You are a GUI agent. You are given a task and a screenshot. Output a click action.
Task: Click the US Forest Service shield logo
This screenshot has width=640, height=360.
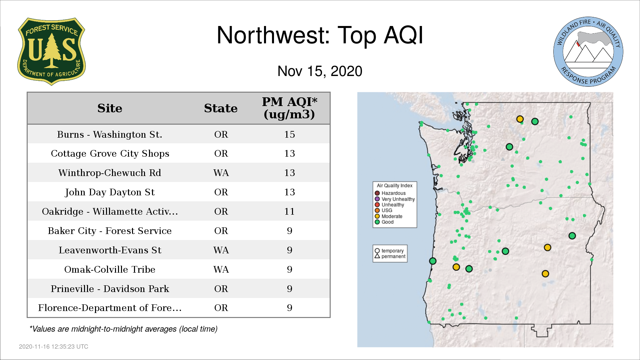coord(51,51)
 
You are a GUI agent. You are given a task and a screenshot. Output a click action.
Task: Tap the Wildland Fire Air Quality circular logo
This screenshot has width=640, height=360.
coord(588,52)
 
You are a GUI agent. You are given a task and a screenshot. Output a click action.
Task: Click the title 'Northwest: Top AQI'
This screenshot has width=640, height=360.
coord(320,35)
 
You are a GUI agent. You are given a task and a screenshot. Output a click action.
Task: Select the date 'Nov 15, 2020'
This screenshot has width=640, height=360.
coord(320,71)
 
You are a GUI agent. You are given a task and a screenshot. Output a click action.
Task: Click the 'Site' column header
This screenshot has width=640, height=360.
coord(110,108)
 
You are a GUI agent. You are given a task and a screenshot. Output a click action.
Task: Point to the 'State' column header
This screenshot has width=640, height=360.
coord(221,108)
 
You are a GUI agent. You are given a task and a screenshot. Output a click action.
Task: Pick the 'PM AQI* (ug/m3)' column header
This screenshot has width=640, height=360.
coord(289,108)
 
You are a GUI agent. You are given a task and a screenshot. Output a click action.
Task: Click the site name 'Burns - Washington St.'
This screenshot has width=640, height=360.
coord(110,134)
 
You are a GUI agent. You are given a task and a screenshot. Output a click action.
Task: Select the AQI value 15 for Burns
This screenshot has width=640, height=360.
coord(289,134)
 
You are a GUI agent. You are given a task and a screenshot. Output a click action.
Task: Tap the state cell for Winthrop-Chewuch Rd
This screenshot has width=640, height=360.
coord(221,173)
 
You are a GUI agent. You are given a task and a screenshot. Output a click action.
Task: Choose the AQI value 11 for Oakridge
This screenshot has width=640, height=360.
coord(289,211)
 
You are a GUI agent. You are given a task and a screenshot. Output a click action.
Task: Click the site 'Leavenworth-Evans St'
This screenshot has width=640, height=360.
coord(110,250)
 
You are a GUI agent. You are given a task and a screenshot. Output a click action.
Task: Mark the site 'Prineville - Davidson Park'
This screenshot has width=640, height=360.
coord(110,289)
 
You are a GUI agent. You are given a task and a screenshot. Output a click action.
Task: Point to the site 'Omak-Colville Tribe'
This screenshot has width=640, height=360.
coord(110,269)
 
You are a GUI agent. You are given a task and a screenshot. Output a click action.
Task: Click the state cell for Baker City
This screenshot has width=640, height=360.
coord(221,231)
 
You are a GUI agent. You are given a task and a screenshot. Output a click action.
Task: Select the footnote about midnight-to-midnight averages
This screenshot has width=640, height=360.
coord(123,329)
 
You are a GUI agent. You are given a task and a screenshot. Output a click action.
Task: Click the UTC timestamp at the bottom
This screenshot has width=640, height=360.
coord(54,347)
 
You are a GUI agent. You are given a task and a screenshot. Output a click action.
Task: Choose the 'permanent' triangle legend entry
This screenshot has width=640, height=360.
coord(390,256)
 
